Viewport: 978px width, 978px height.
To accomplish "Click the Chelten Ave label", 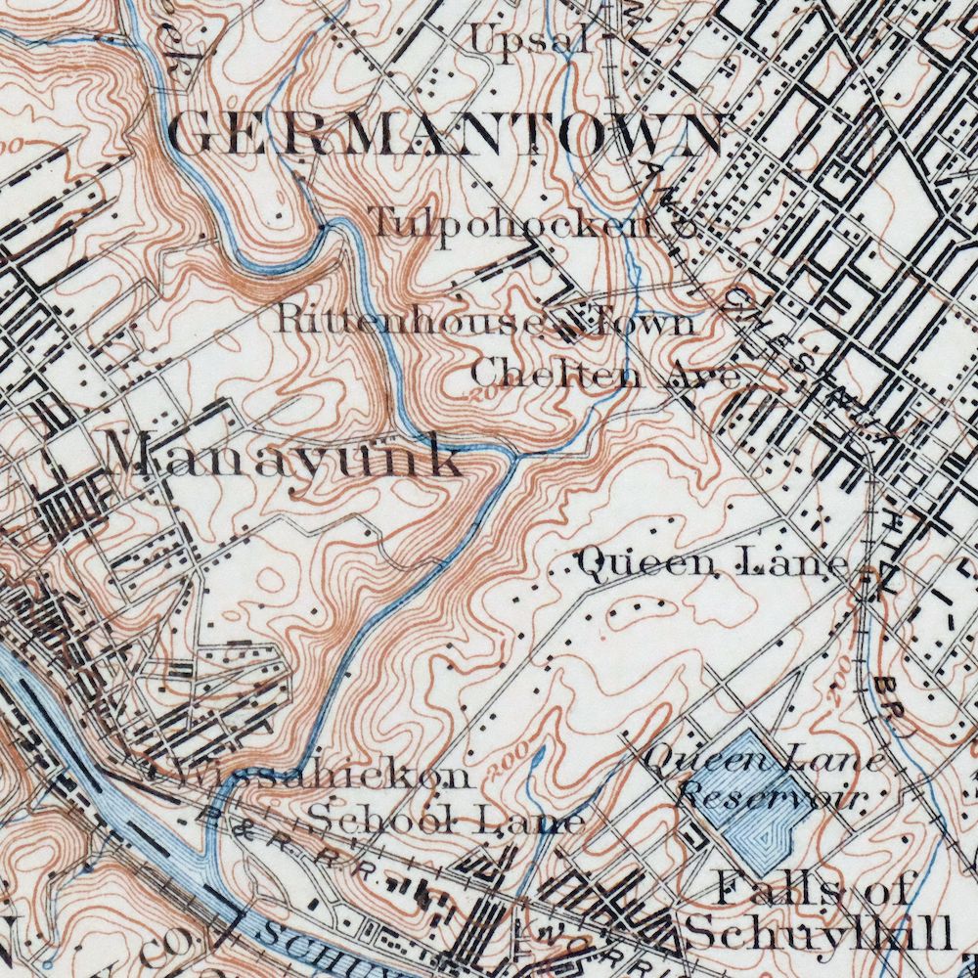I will click(x=605, y=374).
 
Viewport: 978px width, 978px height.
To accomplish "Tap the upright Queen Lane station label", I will click(x=712, y=563).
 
